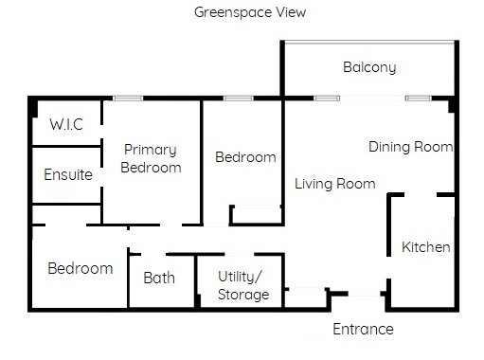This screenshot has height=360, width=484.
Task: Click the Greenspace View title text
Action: point(250,12)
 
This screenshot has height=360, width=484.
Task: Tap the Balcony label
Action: point(369,67)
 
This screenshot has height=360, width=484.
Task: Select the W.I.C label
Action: point(66,124)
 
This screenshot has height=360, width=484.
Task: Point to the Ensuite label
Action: point(68,174)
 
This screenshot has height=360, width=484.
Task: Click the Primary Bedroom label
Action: point(151,158)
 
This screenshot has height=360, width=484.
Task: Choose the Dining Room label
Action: point(411,147)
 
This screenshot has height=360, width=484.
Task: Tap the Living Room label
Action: point(335,184)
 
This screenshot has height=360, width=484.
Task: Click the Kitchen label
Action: point(426,247)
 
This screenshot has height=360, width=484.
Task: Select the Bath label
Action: point(159,278)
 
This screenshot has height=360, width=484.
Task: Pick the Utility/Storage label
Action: point(243,285)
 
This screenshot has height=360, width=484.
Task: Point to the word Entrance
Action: point(363,329)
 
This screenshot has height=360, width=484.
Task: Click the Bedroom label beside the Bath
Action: point(81,268)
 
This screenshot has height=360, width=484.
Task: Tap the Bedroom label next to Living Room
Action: point(245,157)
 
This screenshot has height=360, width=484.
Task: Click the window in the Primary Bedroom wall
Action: point(128,99)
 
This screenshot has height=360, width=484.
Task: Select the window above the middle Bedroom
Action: point(238,99)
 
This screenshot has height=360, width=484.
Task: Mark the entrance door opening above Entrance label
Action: point(365,294)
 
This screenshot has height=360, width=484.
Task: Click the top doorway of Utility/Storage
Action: point(240,254)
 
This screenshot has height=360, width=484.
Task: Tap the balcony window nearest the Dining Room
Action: point(419,99)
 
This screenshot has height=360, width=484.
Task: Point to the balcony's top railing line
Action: point(369,42)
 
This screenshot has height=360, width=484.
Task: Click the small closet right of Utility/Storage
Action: point(306,297)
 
